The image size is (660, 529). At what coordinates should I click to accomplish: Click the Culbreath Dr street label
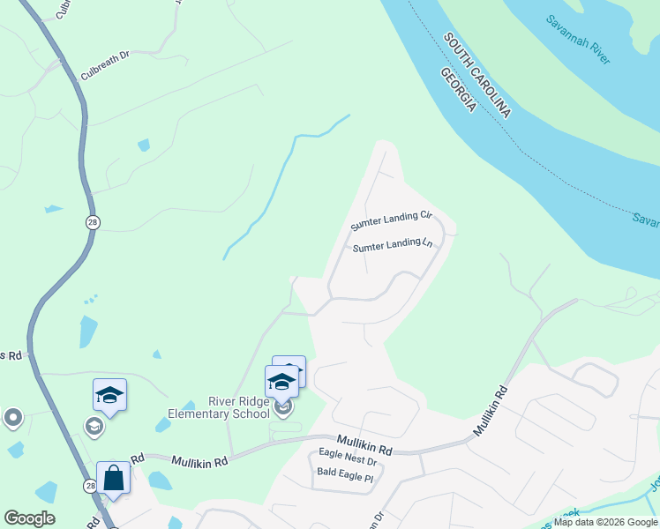point(105,55)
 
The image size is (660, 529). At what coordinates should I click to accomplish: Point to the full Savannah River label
point(578,40)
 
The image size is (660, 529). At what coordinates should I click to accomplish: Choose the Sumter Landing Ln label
point(393,247)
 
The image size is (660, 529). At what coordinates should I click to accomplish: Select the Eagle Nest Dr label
point(347,461)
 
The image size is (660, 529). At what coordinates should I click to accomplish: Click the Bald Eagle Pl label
point(345,478)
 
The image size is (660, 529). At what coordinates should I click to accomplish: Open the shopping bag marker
point(114,477)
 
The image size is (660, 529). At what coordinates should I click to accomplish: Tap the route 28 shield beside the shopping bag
point(90,486)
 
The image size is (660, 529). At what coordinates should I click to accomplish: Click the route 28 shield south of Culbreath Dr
point(92,222)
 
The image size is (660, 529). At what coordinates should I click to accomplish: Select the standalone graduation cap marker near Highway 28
point(109,394)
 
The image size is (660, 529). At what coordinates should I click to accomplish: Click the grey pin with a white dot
point(12,418)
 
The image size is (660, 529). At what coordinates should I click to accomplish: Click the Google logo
point(29,518)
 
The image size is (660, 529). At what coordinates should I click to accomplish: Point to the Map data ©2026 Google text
point(605,522)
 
